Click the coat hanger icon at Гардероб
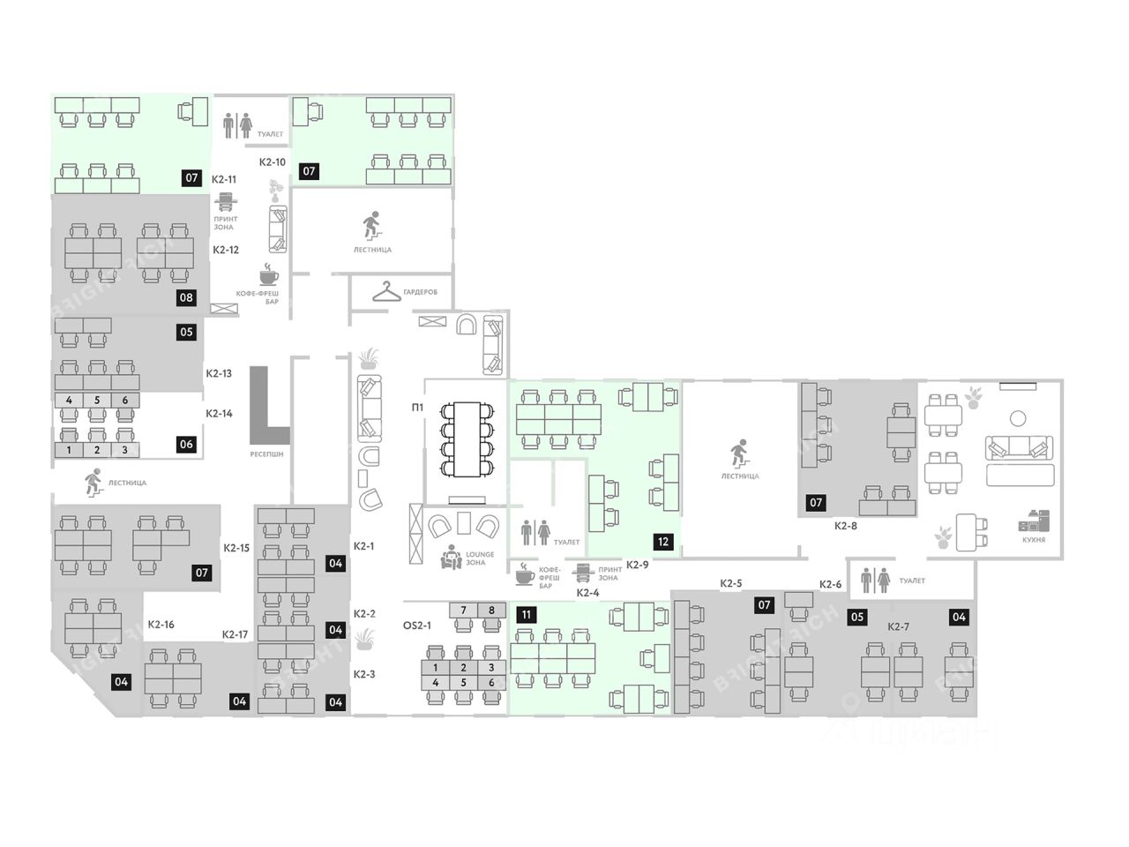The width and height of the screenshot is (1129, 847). [386, 291]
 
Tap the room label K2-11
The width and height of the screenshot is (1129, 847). [224, 178]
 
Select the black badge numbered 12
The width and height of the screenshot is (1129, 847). [662, 542]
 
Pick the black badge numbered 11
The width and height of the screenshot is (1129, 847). [526, 615]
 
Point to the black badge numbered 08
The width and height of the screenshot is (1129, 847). [186, 297]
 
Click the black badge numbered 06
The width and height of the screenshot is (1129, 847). [186, 444]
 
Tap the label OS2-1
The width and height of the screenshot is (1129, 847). [417, 626]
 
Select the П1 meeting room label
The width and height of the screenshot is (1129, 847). [416, 408]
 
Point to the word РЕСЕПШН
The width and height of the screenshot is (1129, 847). [266, 453]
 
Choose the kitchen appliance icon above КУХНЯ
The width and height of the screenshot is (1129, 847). [1034, 521]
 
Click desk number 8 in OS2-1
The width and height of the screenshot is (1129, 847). [491, 610]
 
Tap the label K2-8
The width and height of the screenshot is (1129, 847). [846, 526]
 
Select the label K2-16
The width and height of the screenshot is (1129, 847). [161, 625]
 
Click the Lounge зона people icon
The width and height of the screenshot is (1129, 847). [451, 558]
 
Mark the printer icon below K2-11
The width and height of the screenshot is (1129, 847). [225, 199]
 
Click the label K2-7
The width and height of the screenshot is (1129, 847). [898, 626]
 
